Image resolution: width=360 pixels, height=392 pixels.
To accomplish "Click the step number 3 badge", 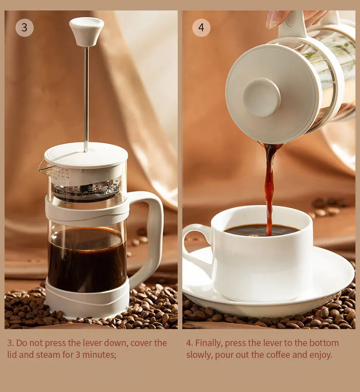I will click(x=25, y=28).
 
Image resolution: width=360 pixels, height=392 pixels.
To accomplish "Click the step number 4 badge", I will click(x=201, y=28).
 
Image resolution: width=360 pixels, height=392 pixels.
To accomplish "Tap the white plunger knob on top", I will click(x=86, y=31).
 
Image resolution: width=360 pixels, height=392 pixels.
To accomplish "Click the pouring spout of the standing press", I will click(x=45, y=169).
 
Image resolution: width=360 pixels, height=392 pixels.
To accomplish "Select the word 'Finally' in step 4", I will click(x=211, y=343).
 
